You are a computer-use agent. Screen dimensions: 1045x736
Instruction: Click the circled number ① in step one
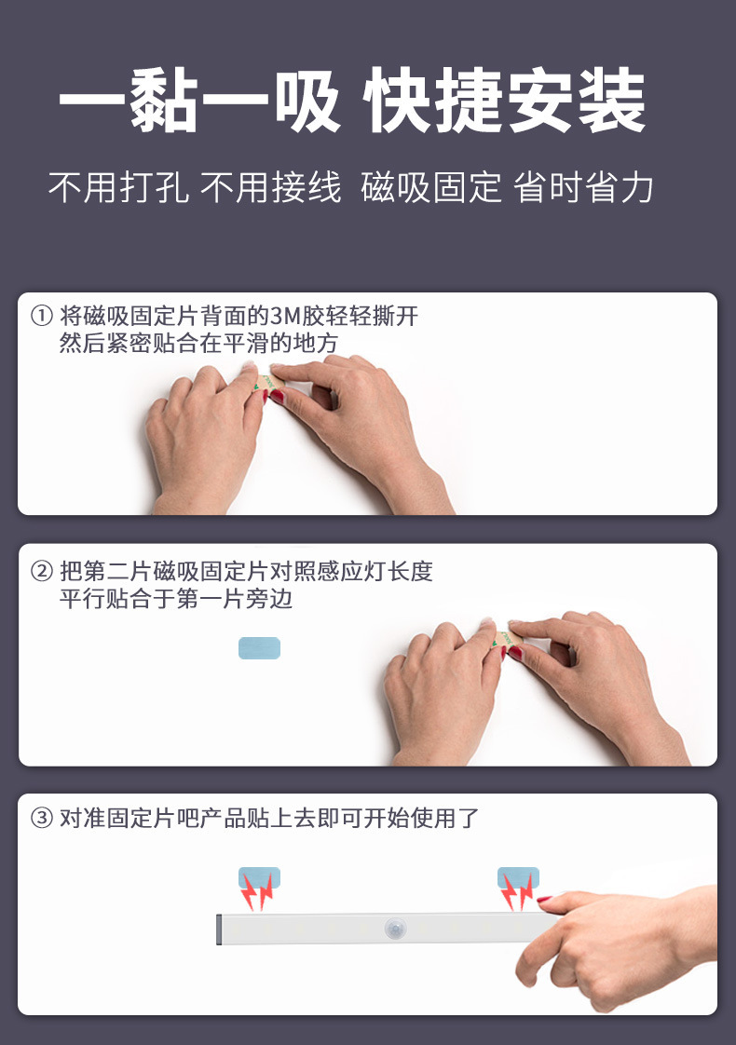coord(43,317)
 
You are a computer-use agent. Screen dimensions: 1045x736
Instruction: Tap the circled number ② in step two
coord(43,571)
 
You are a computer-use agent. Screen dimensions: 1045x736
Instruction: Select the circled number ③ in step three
coord(43,820)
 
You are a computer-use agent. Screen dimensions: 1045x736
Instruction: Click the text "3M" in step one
coord(282,317)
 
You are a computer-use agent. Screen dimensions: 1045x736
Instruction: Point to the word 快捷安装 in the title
coord(506,102)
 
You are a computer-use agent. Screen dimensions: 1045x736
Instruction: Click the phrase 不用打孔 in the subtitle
coord(118,188)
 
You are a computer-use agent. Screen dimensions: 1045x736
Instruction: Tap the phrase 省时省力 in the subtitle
coord(583,188)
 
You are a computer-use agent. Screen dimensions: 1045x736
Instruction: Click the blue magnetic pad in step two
coord(259,648)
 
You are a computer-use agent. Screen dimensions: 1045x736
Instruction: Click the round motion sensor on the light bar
coord(395,928)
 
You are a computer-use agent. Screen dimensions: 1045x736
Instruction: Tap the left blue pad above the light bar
coord(259,877)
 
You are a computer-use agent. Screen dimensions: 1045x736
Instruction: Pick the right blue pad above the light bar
coord(518,877)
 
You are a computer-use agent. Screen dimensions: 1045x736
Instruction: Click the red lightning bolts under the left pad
coord(258,894)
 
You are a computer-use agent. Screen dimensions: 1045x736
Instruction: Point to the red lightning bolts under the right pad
coord(517,894)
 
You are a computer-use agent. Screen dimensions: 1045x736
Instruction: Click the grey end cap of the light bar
coord(220,928)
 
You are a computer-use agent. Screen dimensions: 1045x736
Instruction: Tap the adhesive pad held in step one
coord(265,384)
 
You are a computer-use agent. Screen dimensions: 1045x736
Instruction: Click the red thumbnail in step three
coord(545,900)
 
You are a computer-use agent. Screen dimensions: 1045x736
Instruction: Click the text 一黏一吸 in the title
coord(199,102)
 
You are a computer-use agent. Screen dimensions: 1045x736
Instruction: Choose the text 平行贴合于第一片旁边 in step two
coord(176,599)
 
